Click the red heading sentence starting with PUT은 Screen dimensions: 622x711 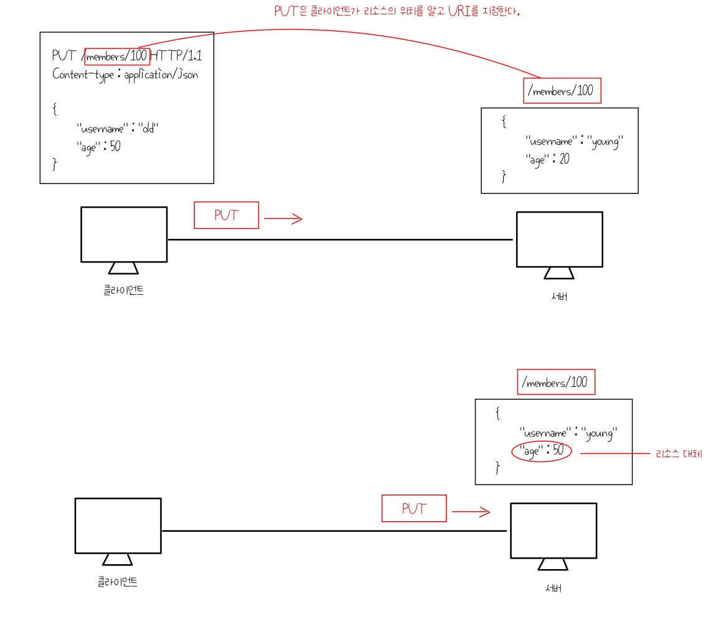tap(397, 11)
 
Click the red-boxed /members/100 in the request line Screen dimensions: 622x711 tap(117, 56)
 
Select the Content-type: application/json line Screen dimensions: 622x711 tap(125, 74)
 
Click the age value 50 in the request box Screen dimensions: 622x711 tap(115, 147)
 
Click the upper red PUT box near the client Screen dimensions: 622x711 tap(226, 215)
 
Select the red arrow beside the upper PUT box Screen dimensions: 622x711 tap(283, 218)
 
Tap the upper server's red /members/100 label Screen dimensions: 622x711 tap(562, 91)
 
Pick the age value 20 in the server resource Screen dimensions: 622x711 tap(564, 159)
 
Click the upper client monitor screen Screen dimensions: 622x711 tap(124, 234)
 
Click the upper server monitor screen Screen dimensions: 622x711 tap(559, 239)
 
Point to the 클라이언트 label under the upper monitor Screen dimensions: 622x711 tap(124, 290)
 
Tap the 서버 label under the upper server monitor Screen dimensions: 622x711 tap(559, 296)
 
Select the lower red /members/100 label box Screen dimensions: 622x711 tap(556, 382)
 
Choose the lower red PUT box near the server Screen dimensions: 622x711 tap(414, 508)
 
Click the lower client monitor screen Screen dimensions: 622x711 tap(118, 526)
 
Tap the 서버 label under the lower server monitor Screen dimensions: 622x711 tap(553, 588)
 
